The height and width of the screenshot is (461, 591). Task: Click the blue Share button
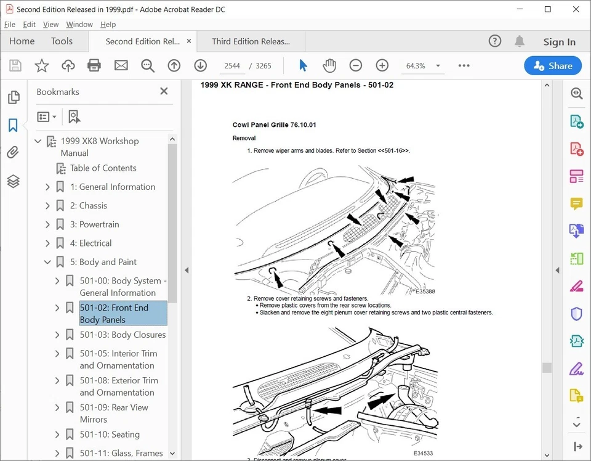tap(552, 66)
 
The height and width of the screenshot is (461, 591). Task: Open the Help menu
tap(108, 25)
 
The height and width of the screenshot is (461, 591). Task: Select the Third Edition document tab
tap(251, 42)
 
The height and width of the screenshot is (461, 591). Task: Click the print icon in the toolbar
tap(94, 66)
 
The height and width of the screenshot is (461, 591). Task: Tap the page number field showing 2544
tap(233, 66)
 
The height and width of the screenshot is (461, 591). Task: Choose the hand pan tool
tap(329, 66)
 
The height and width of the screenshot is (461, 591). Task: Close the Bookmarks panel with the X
tap(164, 91)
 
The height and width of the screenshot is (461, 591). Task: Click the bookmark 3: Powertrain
tap(94, 224)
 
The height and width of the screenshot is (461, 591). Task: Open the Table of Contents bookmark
tap(103, 168)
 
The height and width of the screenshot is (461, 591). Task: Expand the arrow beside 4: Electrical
tap(48, 243)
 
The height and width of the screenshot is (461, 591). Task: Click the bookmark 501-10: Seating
tap(110, 434)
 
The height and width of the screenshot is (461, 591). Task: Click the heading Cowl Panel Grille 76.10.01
tap(274, 125)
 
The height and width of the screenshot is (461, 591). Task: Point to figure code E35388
tap(425, 292)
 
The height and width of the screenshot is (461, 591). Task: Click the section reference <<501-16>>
tap(393, 150)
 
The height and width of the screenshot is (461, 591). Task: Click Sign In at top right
tap(559, 42)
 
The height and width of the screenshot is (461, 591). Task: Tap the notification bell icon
tap(520, 41)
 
